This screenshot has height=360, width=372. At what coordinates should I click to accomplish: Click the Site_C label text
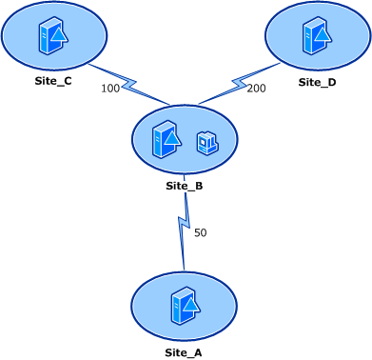(x=53, y=81)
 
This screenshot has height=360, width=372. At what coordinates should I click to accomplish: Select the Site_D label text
(x=317, y=82)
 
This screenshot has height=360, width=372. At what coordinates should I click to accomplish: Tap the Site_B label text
(x=184, y=186)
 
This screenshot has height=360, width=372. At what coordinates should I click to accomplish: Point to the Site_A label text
(x=184, y=352)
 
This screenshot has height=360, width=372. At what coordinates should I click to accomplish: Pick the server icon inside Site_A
(x=184, y=306)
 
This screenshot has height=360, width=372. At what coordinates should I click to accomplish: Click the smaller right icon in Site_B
(x=207, y=143)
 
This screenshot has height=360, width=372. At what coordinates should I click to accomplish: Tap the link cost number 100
(x=109, y=89)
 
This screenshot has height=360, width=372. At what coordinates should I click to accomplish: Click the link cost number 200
(x=256, y=89)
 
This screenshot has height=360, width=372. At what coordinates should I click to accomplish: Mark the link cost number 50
(x=200, y=232)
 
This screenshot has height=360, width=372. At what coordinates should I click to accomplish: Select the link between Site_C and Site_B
(x=129, y=84)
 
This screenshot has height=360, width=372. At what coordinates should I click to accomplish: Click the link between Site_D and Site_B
(x=238, y=84)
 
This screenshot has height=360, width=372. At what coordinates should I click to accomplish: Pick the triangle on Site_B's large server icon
(x=171, y=141)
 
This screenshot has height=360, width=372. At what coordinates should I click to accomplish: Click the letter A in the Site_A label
(x=198, y=352)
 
